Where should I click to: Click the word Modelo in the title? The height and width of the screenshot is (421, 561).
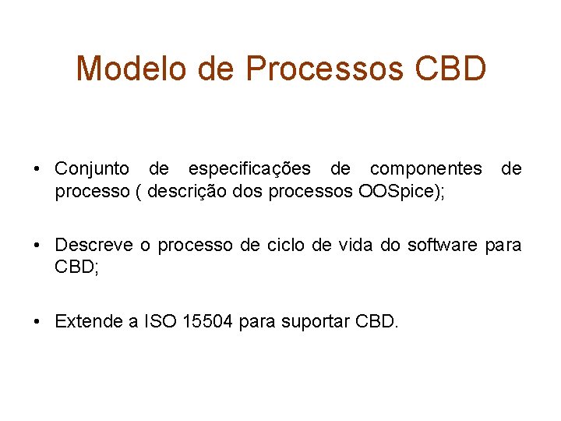click(x=131, y=69)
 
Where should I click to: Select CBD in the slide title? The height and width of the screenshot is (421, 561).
click(x=451, y=69)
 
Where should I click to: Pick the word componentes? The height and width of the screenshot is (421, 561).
click(x=425, y=169)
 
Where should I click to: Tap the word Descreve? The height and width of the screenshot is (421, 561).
click(x=93, y=245)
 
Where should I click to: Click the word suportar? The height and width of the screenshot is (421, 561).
click(x=318, y=321)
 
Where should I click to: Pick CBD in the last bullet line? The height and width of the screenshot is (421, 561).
click(x=376, y=321)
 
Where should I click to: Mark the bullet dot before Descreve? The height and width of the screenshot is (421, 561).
click(x=37, y=246)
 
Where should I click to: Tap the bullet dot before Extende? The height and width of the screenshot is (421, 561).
click(x=37, y=322)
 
